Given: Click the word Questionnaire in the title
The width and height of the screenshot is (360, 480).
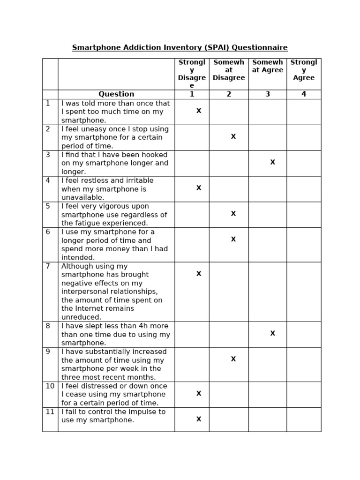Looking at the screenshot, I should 260,48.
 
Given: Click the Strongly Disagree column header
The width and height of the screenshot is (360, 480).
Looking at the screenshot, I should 192,74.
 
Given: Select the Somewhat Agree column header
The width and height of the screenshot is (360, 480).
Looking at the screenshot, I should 268,66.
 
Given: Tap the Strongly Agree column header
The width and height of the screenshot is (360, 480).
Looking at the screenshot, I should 304,70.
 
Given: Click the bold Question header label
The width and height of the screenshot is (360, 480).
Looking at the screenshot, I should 116,94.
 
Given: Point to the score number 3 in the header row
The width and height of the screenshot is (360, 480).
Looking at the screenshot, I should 268,94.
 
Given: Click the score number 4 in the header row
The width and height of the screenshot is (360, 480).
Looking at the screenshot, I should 304,94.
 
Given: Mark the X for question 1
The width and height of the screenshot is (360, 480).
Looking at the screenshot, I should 199,111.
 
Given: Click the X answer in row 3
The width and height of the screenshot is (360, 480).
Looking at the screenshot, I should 273,163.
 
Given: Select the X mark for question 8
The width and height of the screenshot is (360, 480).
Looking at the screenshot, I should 273,334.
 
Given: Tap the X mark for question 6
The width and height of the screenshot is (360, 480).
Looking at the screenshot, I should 233,240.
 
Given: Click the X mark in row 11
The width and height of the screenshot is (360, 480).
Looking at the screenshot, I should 199,420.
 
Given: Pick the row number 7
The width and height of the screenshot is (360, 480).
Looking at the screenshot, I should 48,266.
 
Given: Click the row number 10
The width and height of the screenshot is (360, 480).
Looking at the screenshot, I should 50,386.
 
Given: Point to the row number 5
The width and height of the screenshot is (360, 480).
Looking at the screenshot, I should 48,206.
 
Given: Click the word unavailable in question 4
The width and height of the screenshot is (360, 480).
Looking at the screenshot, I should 82,198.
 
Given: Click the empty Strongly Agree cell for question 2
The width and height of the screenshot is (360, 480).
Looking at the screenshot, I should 304,137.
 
